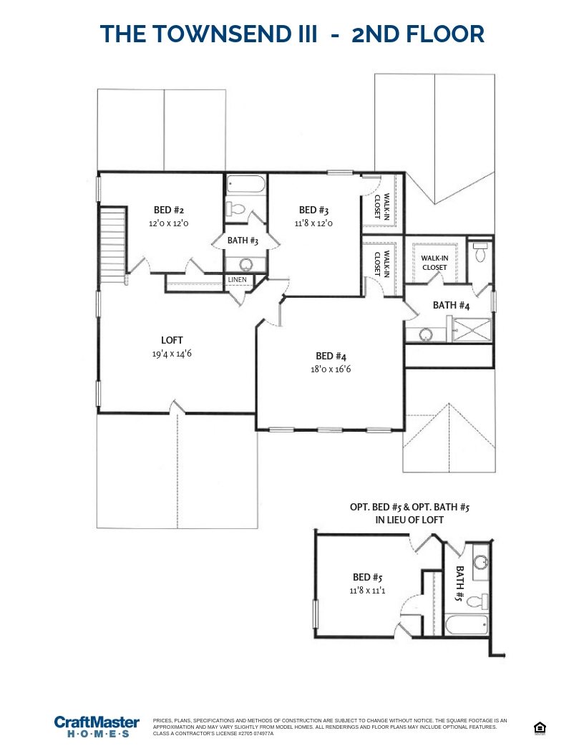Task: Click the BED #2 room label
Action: click(x=169, y=210)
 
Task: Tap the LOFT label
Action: click(x=172, y=340)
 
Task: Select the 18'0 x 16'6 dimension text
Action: click(x=331, y=369)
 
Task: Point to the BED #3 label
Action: click(x=313, y=210)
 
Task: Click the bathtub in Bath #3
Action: click(x=245, y=185)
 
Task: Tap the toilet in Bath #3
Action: click(x=235, y=209)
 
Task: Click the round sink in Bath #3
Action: click(x=246, y=263)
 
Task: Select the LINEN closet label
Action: click(x=237, y=279)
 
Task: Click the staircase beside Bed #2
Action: click(x=113, y=243)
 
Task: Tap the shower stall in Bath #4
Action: click(x=471, y=330)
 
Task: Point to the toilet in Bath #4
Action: click(x=480, y=252)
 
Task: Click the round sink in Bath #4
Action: click(x=427, y=334)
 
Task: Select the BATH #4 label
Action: click(x=451, y=305)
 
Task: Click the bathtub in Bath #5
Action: click(x=467, y=624)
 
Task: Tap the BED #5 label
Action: click(x=367, y=577)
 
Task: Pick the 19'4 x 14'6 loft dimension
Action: click(x=172, y=353)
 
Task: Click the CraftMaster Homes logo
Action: click(x=97, y=726)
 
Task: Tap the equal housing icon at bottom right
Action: click(x=540, y=729)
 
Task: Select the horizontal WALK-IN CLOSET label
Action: click(x=434, y=263)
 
